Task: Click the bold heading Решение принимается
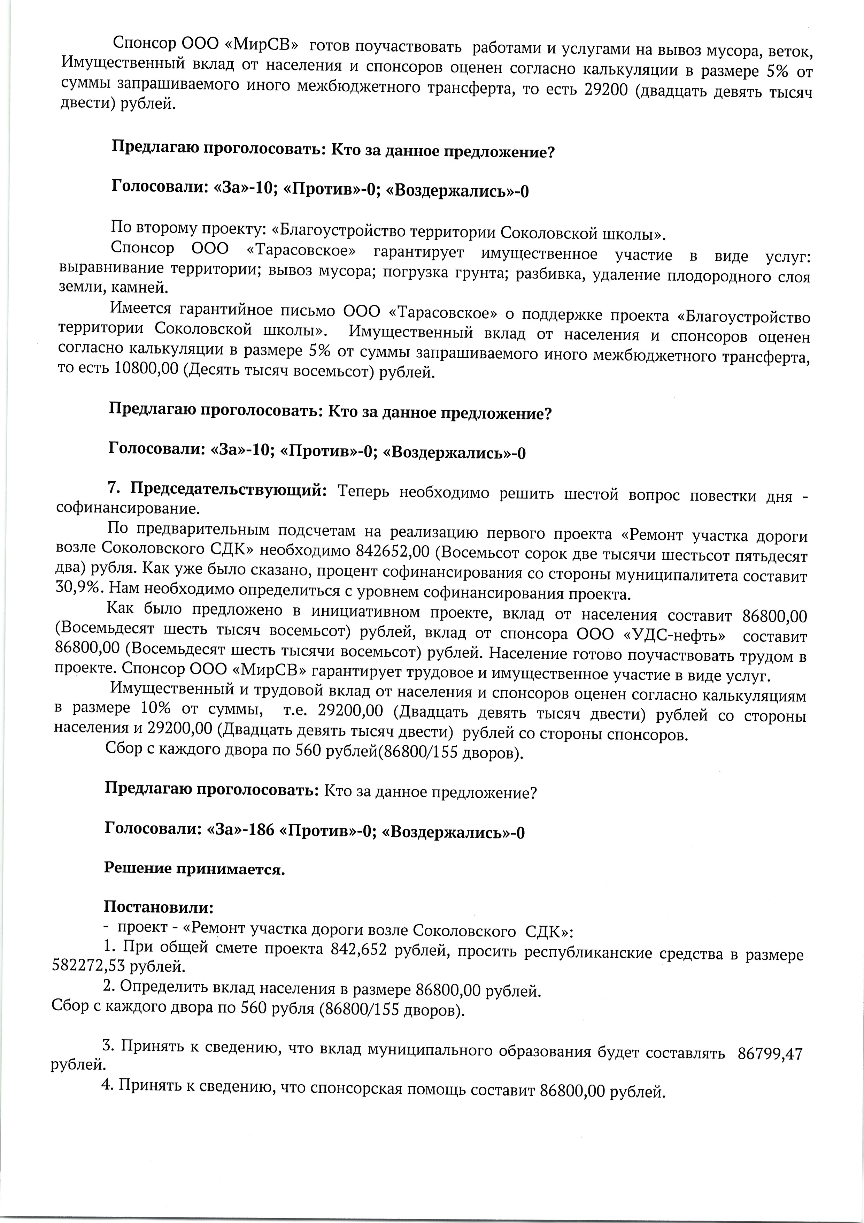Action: [x=194, y=869]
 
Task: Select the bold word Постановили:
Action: [x=159, y=906]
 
